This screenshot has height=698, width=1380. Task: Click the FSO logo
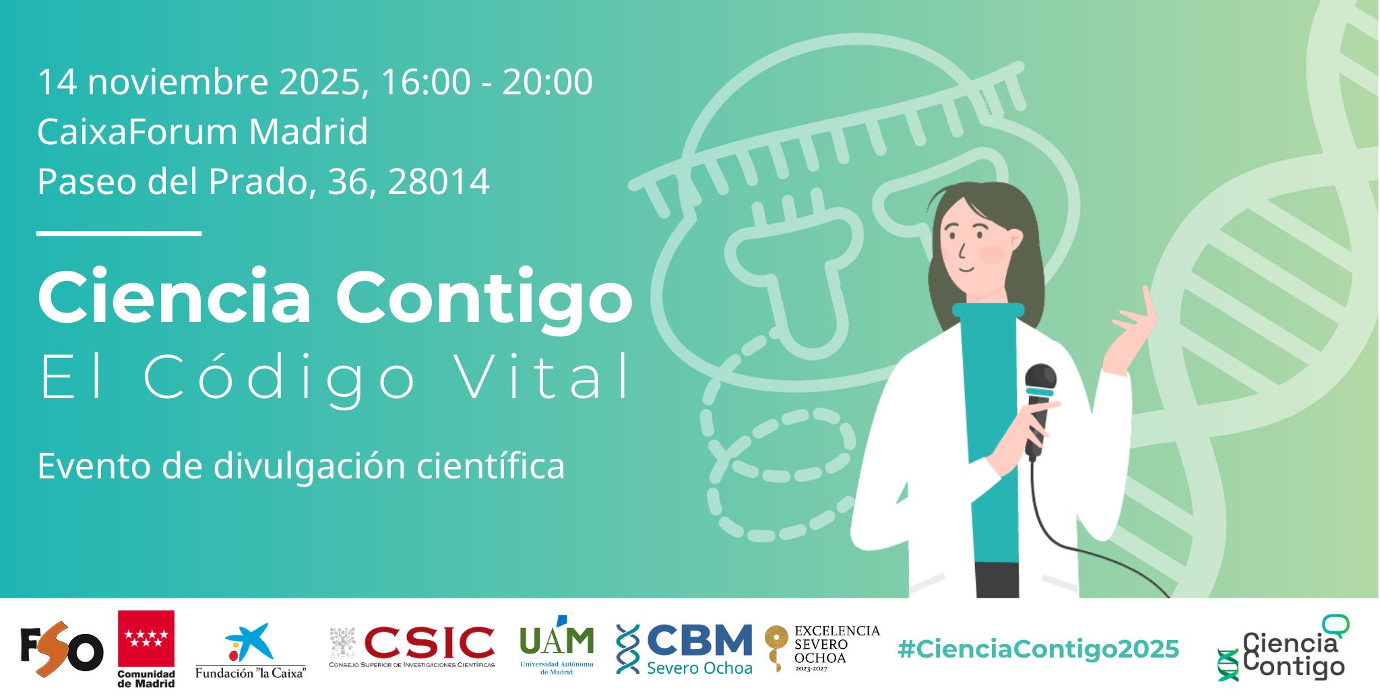click(62, 649)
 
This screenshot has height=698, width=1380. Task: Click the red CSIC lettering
click(429, 643)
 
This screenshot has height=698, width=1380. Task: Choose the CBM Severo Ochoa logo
click(685, 649)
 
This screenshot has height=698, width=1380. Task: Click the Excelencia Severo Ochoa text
click(837, 645)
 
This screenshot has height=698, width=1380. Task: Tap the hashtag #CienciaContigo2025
click(1038, 649)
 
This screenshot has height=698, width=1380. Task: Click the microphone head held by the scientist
click(1041, 380)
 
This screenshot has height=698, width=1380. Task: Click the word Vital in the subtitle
click(542, 377)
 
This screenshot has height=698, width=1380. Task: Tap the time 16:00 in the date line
click(426, 82)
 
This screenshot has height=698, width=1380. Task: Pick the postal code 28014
click(439, 182)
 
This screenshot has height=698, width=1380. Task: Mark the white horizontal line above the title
click(119, 233)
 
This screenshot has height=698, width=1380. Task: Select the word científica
click(491, 466)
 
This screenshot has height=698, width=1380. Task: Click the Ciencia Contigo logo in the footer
click(1282, 647)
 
